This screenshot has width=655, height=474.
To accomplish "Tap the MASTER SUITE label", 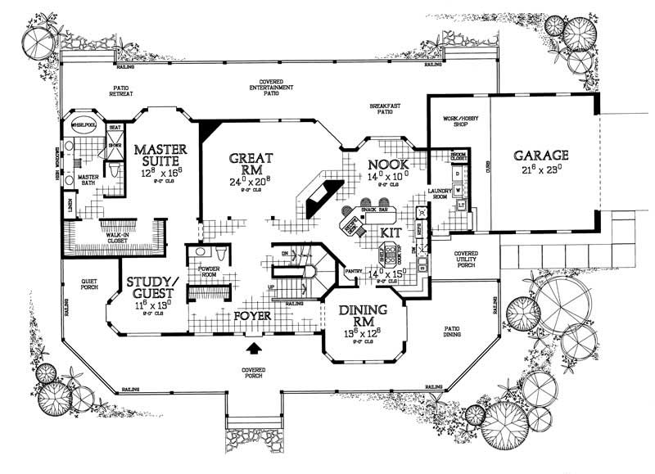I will pyautogui.click(x=161, y=156).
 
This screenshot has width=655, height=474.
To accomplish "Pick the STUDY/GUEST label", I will pyautogui.click(x=154, y=288).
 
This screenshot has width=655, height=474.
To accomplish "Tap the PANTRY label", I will pyautogui.click(x=354, y=269).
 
